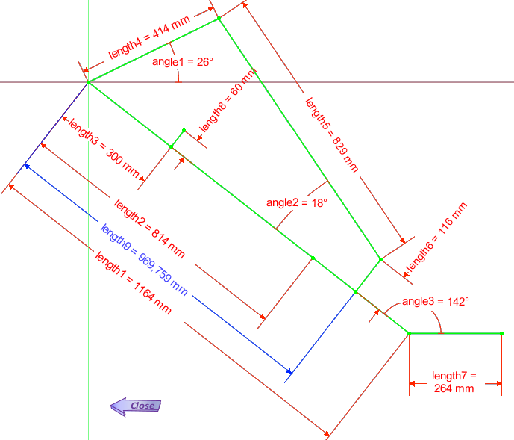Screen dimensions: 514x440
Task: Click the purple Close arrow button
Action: coord(136,406)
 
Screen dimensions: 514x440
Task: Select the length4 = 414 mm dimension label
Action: coord(149,37)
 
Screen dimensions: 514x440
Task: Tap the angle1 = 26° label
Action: coord(183,62)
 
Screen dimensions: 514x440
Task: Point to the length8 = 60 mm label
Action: coord(228,100)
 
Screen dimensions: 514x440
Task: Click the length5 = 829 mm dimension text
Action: coord(332,135)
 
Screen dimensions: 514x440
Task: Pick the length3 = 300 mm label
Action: coord(104,148)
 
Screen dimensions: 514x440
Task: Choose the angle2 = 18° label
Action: coord(297,203)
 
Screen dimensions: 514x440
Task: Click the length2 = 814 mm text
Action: coord(149,228)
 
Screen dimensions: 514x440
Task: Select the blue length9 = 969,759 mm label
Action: coord(144,260)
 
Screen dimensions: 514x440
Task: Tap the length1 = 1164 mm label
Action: coord(133,282)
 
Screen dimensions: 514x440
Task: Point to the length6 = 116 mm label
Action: coord(436,236)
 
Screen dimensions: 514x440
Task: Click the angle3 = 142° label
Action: coord(436,302)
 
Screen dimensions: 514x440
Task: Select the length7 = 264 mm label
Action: coord(454,382)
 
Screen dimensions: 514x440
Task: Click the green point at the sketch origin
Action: coord(89,82)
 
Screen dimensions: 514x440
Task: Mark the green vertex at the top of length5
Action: coord(219,19)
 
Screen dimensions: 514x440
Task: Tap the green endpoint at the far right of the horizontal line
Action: coord(501,334)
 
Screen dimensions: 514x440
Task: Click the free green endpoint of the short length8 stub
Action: coord(184,131)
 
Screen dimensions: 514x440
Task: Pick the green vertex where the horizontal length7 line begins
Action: coord(409,334)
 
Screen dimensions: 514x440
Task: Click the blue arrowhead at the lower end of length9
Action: coord(289,371)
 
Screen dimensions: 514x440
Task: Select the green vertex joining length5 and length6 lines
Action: coord(380,259)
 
